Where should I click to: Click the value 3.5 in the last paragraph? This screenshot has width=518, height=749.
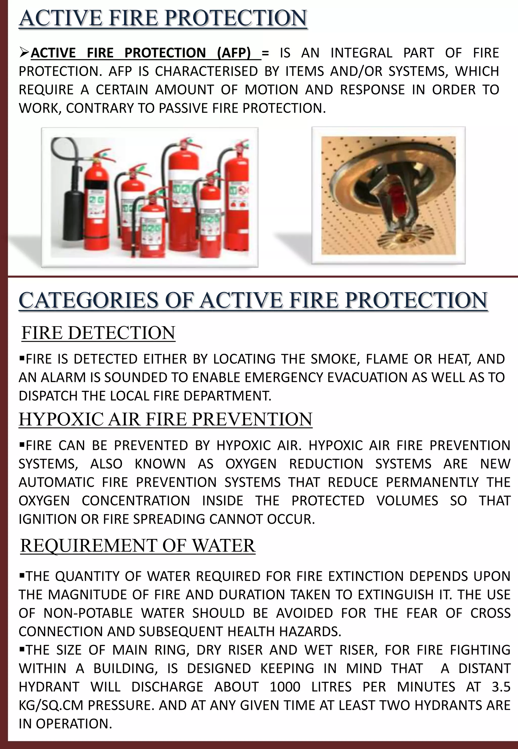click(x=501, y=687)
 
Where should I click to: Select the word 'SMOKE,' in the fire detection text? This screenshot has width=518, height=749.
click(x=335, y=359)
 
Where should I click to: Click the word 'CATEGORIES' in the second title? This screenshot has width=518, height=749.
click(x=89, y=300)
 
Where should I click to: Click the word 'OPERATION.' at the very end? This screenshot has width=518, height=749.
click(x=74, y=724)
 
